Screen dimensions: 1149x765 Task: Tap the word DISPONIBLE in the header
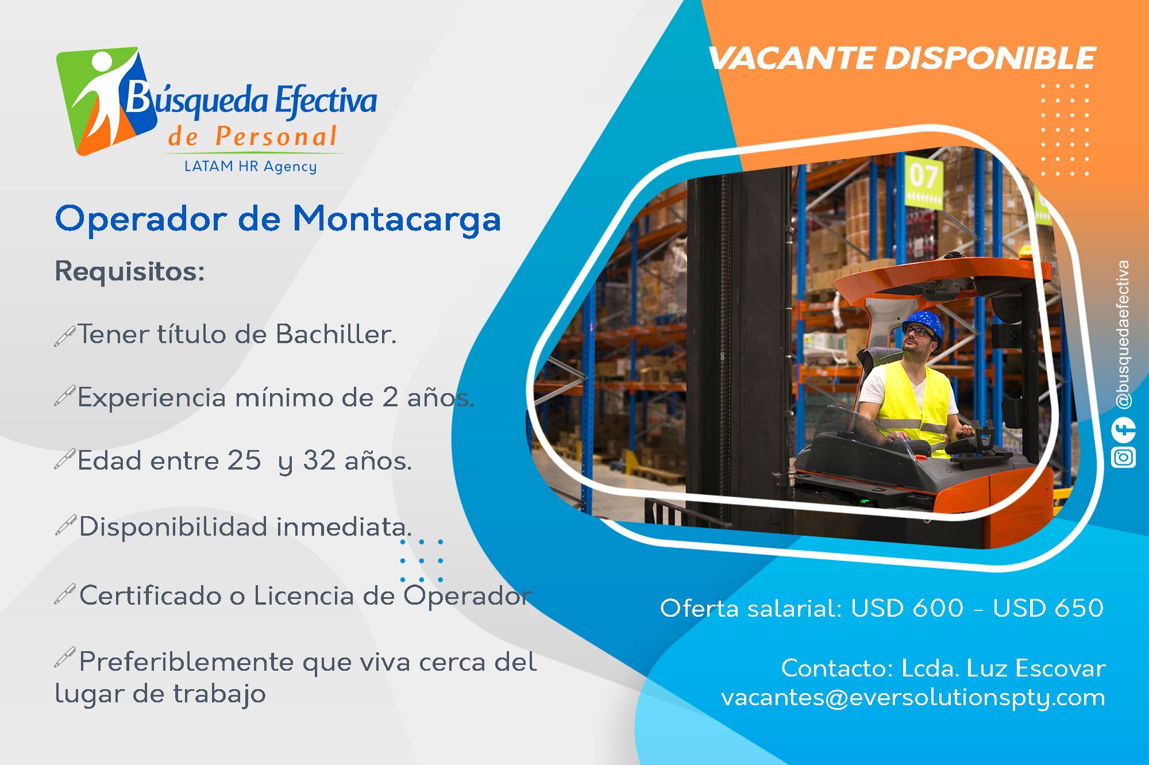[x=990, y=58]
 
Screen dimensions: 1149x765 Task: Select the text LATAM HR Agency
[x=250, y=166]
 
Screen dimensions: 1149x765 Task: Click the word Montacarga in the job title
[x=397, y=219]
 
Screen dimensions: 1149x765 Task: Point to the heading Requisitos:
[x=130, y=271]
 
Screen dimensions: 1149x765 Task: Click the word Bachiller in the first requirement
[x=336, y=334]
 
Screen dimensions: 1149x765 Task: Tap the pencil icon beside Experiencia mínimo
[x=64, y=396]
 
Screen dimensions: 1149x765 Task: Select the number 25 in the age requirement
[x=244, y=460]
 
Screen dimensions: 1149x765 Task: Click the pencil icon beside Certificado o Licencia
[x=64, y=594]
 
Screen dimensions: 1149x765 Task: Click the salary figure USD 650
[x=1048, y=608]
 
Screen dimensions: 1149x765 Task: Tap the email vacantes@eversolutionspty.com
[x=913, y=697]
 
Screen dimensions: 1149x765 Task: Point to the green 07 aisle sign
[x=923, y=180]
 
